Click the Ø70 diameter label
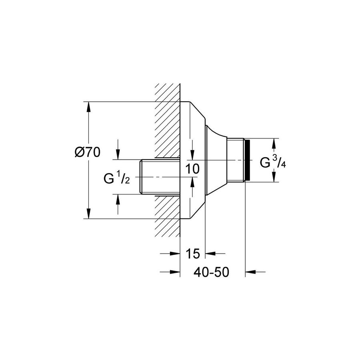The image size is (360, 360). pyautogui.click(x=88, y=152)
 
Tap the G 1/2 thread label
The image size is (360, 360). pyautogui.click(x=117, y=179)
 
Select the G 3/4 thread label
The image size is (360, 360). pyautogui.click(x=273, y=162)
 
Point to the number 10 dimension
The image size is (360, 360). pyautogui.click(x=193, y=169)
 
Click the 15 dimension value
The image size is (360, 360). pyautogui.click(x=193, y=254)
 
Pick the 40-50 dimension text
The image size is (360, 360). pyautogui.click(x=212, y=272)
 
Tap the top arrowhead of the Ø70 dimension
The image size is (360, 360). pyautogui.click(x=88, y=106)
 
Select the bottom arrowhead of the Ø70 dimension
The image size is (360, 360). pyautogui.click(x=88, y=214)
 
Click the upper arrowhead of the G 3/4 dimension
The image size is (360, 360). pyautogui.click(x=274, y=143)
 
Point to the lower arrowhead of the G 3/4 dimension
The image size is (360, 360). pyautogui.click(x=274, y=177)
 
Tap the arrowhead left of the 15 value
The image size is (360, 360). pyautogui.click(x=175, y=254)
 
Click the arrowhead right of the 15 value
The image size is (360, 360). pyautogui.click(x=210, y=254)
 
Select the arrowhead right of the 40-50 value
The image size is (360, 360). pyautogui.click(x=250, y=272)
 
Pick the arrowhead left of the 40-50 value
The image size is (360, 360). pyautogui.click(x=175, y=272)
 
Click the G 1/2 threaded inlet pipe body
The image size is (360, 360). pyautogui.click(x=160, y=177)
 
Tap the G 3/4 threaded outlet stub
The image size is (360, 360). pyautogui.click(x=235, y=160)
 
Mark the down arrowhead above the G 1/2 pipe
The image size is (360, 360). pyautogui.click(x=118, y=154)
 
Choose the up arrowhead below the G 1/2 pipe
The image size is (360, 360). pyautogui.click(x=118, y=199)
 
